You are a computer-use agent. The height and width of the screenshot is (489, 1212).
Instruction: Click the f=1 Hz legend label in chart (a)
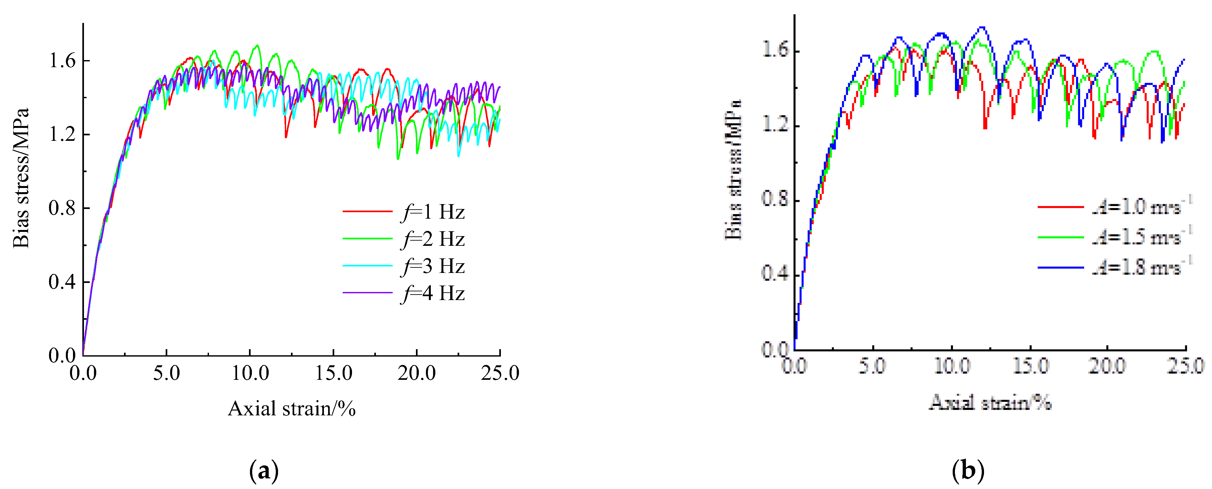[x=433, y=212]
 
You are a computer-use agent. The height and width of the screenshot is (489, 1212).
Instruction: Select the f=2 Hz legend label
[x=433, y=239]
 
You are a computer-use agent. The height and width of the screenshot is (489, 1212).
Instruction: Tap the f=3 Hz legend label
[x=433, y=266]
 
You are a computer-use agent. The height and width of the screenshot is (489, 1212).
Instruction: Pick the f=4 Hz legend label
[x=433, y=293]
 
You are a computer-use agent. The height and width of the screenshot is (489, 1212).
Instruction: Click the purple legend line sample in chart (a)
[x=367, y=293]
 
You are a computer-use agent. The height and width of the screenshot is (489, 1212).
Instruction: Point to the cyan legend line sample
[x=367, y=266]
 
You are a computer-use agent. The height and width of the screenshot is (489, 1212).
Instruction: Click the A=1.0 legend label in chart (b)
[x=1141, y=207]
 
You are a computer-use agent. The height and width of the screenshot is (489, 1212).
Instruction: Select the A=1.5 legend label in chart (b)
[x=1141, y=237]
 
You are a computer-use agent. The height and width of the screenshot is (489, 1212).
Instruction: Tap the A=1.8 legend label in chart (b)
[x=1141, y=267]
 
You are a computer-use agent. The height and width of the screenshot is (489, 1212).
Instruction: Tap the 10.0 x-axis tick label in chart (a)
[x=250, y=373]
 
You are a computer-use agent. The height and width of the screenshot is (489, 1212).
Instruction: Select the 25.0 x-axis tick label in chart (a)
[x=500, y=373]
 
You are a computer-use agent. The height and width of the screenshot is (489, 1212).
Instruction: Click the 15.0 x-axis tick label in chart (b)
[x=1031, y=366]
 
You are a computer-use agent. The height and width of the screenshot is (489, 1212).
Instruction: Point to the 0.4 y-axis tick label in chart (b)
[x=775, y=274]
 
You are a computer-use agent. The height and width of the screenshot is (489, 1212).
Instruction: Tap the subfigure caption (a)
[x=264, y=471]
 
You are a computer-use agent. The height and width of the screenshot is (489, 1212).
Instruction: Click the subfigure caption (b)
[x=968, y=471]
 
